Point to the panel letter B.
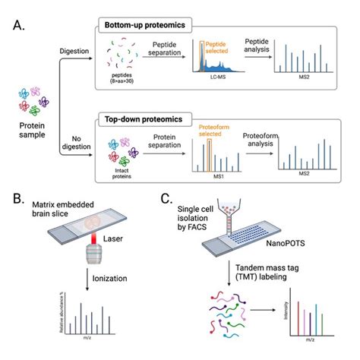(x=16, y=201)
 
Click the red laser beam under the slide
(x=93, y=259)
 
